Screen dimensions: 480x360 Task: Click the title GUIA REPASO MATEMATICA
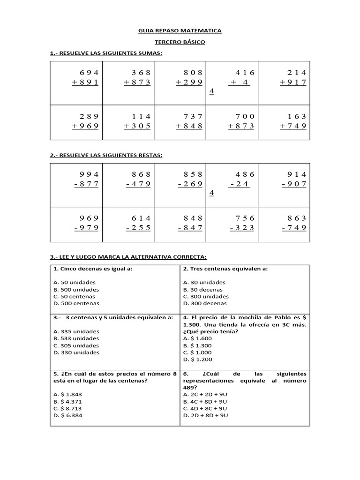coord(180,31)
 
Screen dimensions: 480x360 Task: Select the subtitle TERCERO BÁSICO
coord(180,42)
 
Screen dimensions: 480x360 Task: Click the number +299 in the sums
coord(189,82)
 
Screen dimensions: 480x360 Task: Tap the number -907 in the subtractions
coord(294,184)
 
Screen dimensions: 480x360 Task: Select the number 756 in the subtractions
coord(243,218)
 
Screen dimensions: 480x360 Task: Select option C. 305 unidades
coord(76,345)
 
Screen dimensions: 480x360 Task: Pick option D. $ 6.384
coord(68,415)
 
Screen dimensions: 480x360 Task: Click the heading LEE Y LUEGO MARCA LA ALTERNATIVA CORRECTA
coord(128,257)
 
